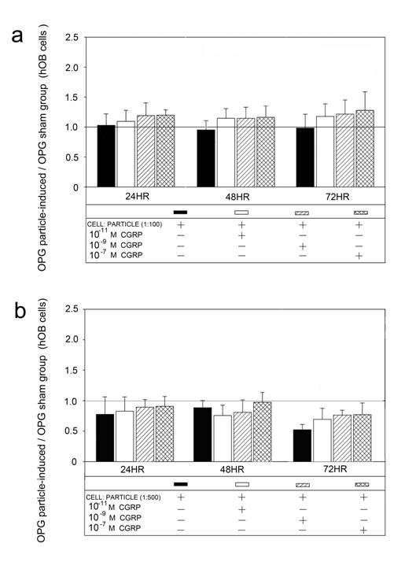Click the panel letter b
24,312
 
